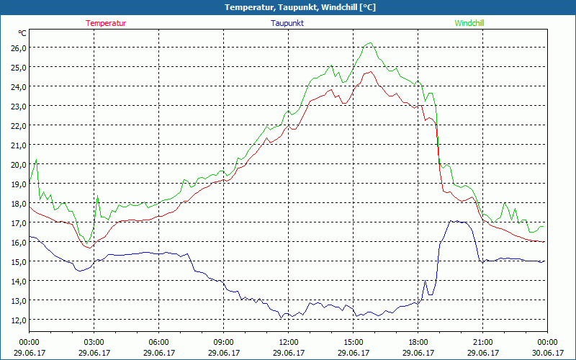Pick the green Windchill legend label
[x=469, y=23]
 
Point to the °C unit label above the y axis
[x=22, y=33]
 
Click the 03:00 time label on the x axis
[x=94, y=342]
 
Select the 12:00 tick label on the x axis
[x=288, y=342]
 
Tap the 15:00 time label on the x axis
[x=353, y=342]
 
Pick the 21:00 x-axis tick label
[x=482, y=342]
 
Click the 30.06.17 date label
[x=547, y=353]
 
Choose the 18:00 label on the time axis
[x=418, y=342]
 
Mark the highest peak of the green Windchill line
[x=370, y=43]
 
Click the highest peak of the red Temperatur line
[x=369, y=72]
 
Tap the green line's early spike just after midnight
[x=36, y=160]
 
